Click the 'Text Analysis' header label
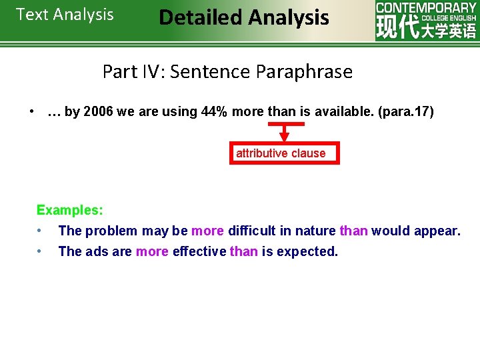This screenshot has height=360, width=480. [x=65, y=15]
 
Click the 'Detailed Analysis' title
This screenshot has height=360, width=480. [x=244, y=17]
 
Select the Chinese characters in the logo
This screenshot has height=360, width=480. [x=426, y=30]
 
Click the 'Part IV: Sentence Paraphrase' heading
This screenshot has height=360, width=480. [x=227, y=71]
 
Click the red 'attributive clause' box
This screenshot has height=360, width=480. [x=281, y=153]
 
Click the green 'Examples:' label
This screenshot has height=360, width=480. [x=69, y=210]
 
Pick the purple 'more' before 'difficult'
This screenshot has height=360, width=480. [x=207, y=231]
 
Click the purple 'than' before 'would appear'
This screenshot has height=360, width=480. [x=353, y=231]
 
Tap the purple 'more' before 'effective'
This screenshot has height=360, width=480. [x=152, y=252]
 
